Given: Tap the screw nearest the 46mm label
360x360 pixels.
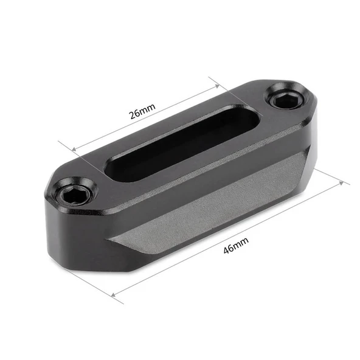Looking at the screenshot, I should coord(74,193).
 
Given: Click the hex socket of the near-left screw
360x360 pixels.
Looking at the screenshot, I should coord(74,193).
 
